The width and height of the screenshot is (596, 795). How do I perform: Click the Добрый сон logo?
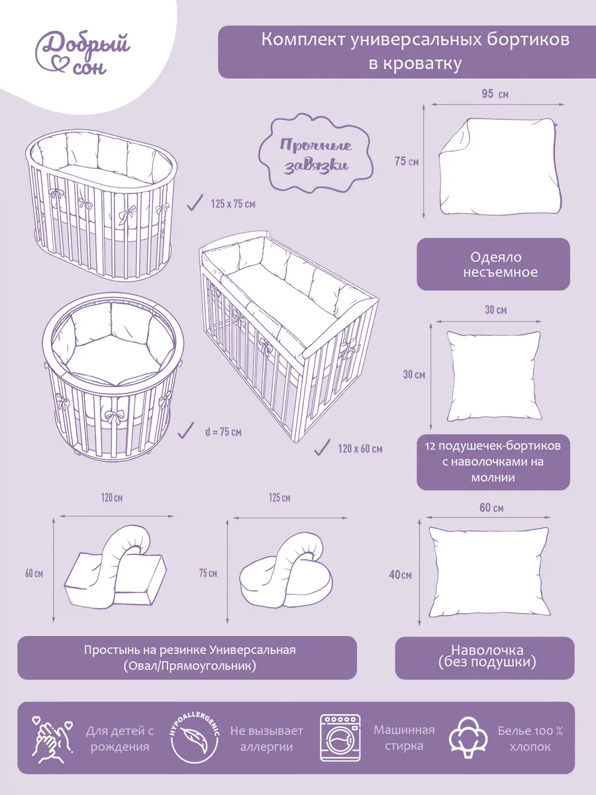(x=82, y=53)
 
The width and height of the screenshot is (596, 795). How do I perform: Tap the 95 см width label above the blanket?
(x=495, y=94)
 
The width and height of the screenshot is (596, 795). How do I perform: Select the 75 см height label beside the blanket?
(x=407, y=161)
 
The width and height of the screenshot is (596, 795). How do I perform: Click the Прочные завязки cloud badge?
(x=316, y=154)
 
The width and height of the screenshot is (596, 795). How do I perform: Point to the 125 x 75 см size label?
(x=233, y=204)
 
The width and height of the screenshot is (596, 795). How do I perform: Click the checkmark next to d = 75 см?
(x=186, y=430)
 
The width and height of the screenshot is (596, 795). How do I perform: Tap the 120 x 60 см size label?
(x=360, y=449)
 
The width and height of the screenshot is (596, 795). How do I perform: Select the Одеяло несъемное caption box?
(x=493, y=264)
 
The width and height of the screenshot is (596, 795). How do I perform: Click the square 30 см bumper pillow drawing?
(x=494, y=376)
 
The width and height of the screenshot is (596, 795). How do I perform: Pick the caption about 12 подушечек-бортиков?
(x=493, y=462)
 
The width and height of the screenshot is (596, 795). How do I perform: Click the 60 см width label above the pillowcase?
(x=491, y=507)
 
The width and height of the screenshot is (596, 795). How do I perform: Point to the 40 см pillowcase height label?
(x=400, y=574)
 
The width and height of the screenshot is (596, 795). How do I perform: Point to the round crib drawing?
(x=113, y=377)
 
